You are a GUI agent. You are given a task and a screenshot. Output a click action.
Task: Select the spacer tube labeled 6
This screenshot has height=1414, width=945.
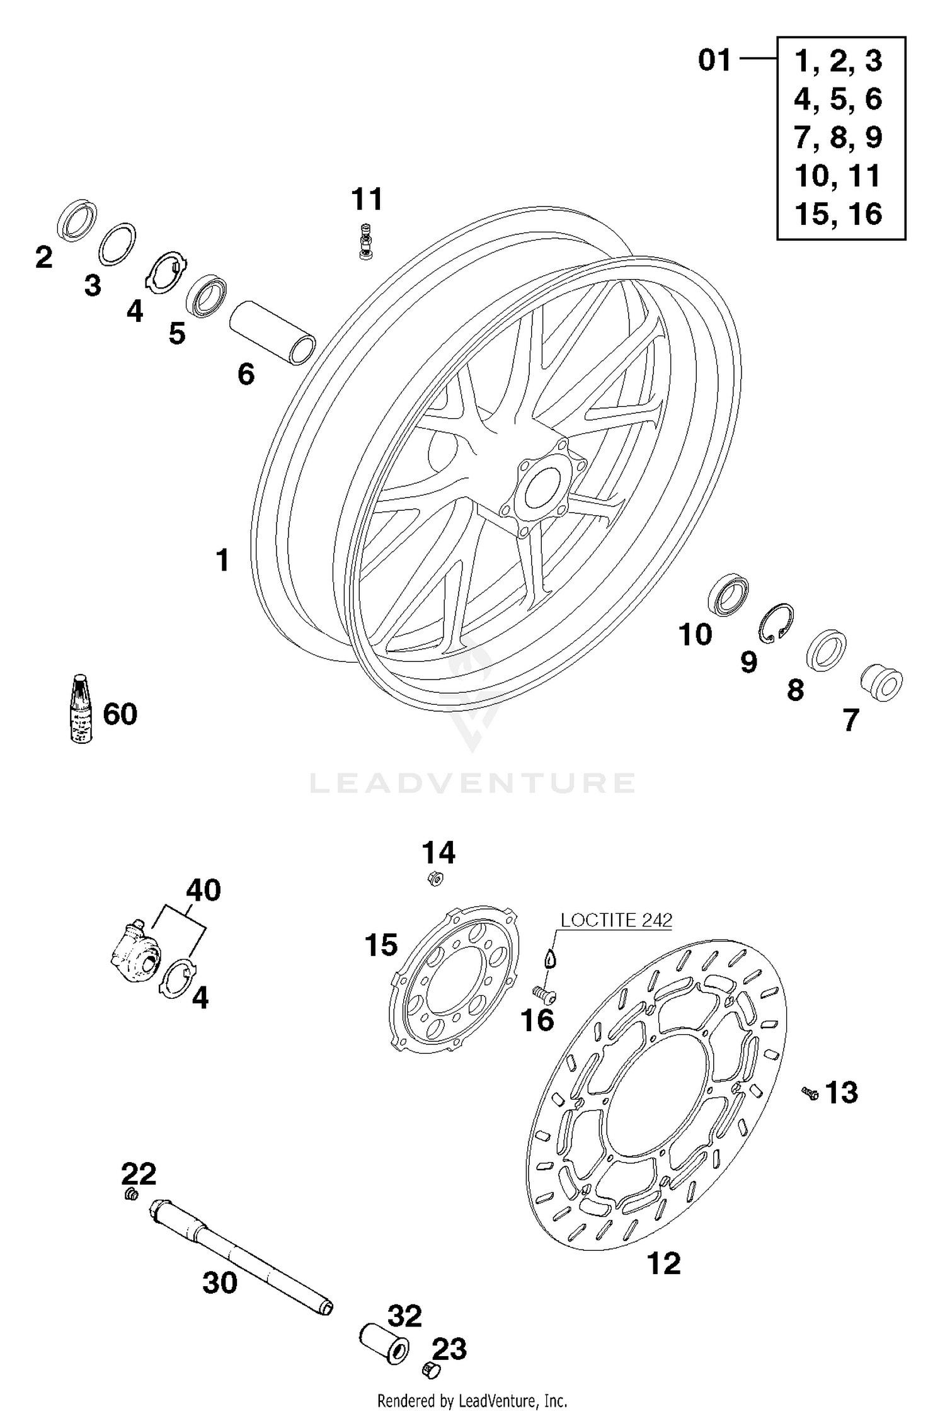[x=272, y=333]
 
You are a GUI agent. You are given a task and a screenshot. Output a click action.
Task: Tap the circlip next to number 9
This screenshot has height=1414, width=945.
[x=775, y=624]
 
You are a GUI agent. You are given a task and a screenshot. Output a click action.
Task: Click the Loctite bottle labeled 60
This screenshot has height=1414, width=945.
[x=81, y=709]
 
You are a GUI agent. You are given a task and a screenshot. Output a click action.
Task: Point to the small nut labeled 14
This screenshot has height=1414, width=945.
[x=435, y=878]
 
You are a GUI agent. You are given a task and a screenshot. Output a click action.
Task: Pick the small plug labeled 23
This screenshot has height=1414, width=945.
[x=430, y=1369]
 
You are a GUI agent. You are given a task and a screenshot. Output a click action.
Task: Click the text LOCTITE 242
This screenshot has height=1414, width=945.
[x=616, y=920]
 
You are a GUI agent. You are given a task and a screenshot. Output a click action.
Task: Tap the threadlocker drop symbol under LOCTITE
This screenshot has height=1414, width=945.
[x=551, y=958]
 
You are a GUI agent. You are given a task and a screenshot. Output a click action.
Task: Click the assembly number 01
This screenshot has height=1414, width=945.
[x=714, y=61]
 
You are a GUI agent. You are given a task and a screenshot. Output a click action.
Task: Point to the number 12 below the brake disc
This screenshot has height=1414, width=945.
[x=664, y=1263]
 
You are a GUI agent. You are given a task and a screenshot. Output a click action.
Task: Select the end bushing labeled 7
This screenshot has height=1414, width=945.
[x=881, y=682]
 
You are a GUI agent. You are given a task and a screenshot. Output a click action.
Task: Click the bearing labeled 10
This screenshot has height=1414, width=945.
[x=728, y=594]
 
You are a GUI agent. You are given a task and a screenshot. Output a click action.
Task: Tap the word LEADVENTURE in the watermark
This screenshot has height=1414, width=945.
[x=472, y=783]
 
